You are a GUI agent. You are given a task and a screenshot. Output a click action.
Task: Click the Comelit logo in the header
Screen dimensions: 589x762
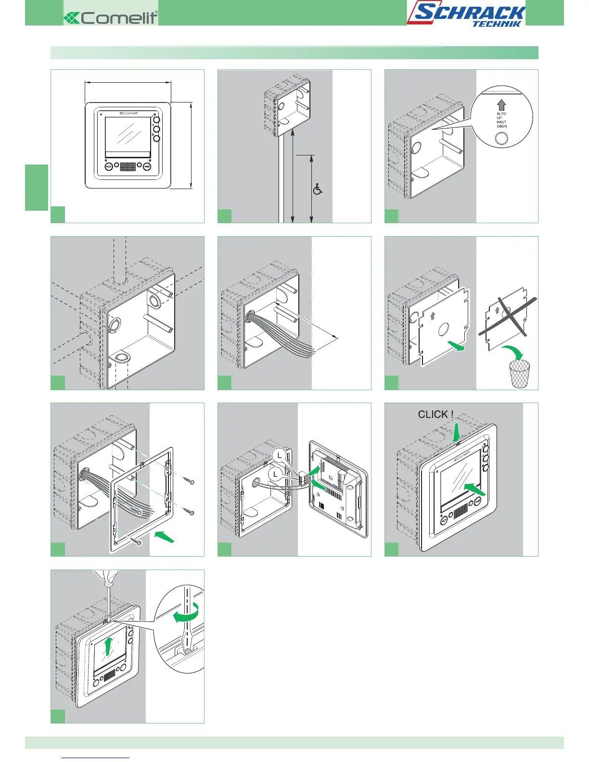coord(111,18)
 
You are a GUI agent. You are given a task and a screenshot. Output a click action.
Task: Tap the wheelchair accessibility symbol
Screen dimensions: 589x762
coord(318,189)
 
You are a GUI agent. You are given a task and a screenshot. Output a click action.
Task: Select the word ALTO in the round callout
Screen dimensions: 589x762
coord(501,114)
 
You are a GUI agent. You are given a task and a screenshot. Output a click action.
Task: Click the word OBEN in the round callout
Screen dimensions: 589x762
coord(502,127)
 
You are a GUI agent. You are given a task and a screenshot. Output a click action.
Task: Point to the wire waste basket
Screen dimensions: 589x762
coord(520,374)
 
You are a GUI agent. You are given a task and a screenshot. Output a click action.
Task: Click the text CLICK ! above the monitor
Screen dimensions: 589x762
coord(435,414)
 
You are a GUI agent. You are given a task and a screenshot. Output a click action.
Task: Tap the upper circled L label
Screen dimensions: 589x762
coord(279,455)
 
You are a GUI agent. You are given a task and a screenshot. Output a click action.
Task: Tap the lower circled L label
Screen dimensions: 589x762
coord(275,474)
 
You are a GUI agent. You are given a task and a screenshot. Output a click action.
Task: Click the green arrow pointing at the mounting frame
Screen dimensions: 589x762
coord(164,536)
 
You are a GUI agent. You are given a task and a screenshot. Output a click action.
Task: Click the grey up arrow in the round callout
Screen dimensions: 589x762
coord(501,105)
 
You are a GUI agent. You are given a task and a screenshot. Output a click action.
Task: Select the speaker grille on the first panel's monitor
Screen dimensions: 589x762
coord(128,166)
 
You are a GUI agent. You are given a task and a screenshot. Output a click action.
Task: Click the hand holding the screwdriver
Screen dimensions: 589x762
coord(106,576)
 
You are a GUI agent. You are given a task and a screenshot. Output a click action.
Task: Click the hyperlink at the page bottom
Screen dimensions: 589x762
coord(96,758)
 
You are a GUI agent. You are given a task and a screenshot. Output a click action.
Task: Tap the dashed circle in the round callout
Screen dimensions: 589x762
coord(501,139)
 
